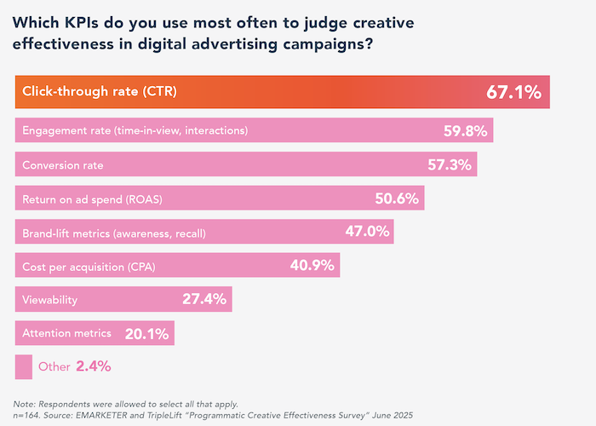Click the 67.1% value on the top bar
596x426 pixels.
[513, 92]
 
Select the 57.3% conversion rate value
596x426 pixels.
[450, 164]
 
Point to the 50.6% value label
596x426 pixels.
[397, 199]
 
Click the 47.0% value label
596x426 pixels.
[367, 232]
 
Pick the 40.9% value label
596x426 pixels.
[312, 266]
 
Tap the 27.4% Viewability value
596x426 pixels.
[205, 299]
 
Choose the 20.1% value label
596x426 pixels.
[147, 333]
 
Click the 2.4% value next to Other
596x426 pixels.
[93, 367]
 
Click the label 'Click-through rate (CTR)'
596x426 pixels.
[100, 92]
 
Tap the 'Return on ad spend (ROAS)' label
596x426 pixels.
[92, 199]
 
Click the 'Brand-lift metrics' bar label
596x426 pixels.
[114, 232]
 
